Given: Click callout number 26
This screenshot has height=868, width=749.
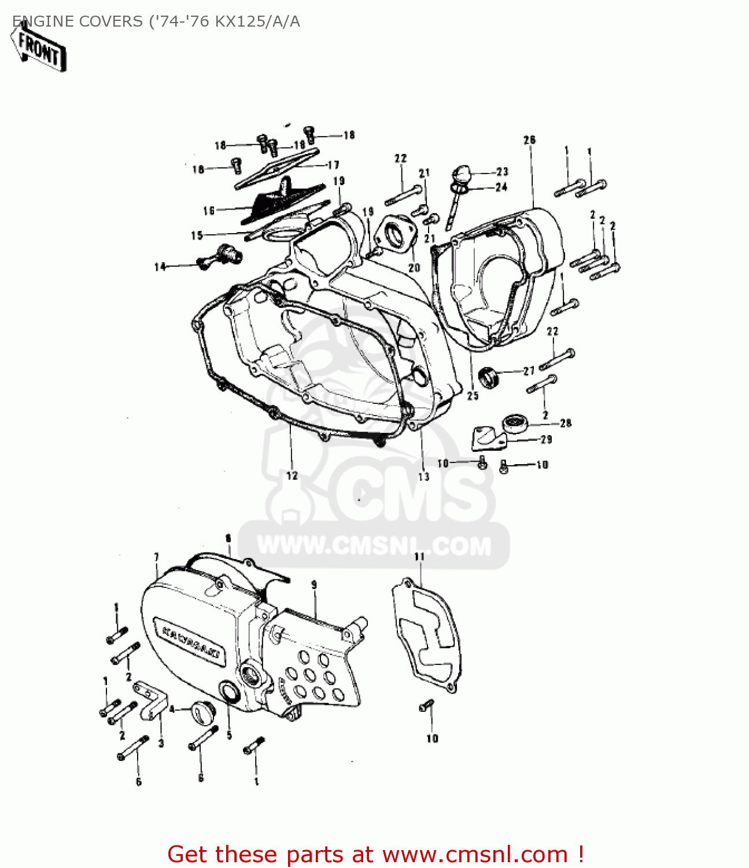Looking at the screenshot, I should click(529, 140).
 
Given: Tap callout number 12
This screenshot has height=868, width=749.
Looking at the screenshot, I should click(292, 475).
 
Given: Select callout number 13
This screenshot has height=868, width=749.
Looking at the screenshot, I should click(424, 476).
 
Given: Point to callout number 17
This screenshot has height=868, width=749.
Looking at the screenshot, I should click(333, 165).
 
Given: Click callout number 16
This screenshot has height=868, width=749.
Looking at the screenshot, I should click(209, 211).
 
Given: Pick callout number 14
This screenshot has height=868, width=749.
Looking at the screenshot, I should click(160, 267).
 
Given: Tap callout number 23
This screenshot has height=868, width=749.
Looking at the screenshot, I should click(502, 171).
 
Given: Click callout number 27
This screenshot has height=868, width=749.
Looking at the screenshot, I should click(529, 371).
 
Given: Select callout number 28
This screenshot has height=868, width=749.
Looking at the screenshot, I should click(566, 423).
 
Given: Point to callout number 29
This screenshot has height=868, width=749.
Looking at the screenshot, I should click(546, 439).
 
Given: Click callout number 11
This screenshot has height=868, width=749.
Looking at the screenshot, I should click(419, 557).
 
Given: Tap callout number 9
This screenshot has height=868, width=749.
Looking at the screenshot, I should click(314, 585).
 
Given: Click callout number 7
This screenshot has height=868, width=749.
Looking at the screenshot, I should click(156, 557).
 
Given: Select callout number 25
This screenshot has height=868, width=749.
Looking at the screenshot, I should click(473, 396).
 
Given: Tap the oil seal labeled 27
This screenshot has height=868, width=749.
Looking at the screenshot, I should click(490, 377).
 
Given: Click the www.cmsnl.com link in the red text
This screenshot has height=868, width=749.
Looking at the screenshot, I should click(475, 854).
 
